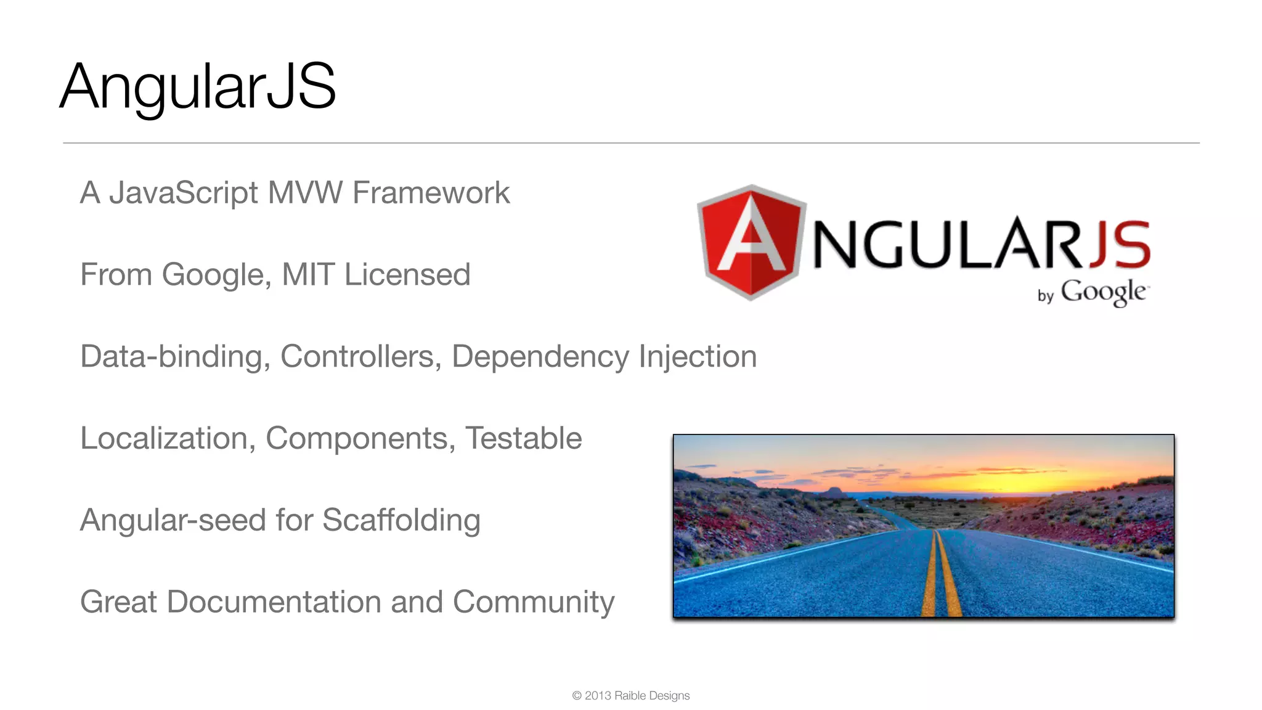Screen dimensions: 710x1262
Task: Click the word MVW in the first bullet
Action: [x=305, y=193]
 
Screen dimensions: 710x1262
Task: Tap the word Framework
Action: [x=431, y=193]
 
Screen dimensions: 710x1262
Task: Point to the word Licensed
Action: [x=407, y=275]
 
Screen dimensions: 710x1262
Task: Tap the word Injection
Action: [x=698, y=357]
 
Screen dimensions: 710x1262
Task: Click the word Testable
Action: [x=523, y=439]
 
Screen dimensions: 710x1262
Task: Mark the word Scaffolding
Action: [x=401, y=521]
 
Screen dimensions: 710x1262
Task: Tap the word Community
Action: [x=534, y=602]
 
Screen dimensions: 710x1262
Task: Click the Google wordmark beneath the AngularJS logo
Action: [x=1103, y=292]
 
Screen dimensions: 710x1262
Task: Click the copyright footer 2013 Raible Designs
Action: [x=631, y=696]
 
